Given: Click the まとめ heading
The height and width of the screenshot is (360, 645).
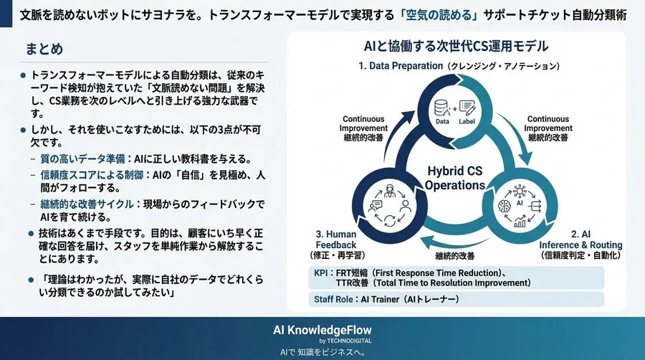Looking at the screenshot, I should coord(44,49).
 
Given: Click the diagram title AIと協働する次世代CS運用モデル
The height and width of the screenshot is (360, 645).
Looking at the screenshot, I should coord(456,47).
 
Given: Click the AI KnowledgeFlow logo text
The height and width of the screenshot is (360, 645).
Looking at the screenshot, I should coord(322,329).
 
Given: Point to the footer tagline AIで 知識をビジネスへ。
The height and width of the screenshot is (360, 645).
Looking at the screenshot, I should coord(322,352).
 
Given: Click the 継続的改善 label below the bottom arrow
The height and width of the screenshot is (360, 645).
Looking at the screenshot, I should coord(456,255).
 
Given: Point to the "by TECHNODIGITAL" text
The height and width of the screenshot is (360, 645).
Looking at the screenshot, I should coord(322,341).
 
